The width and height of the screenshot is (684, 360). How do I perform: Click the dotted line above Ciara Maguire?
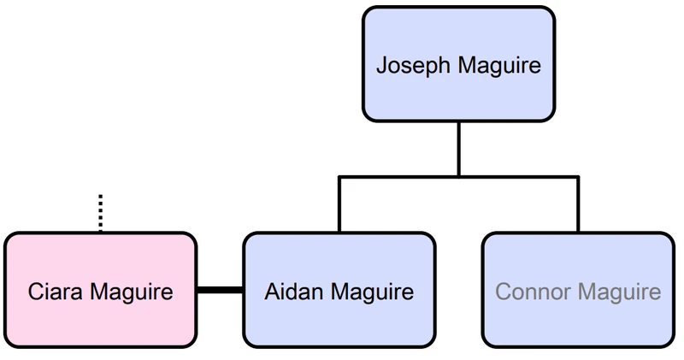pyautogui.click(x=100, y=213)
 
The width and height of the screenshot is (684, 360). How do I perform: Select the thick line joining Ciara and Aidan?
pyautogui.click(x=220, y=291)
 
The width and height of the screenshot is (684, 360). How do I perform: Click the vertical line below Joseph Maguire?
pyautogui.click(x=458, y=149)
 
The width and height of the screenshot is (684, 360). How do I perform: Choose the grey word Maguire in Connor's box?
pyautogui.click(x=622, y=292)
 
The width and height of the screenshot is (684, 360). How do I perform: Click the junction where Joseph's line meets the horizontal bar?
pyautogui.click(x=458, y=177)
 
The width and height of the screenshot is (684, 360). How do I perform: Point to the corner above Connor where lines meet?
pyautogui.click(x=578, y=177)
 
